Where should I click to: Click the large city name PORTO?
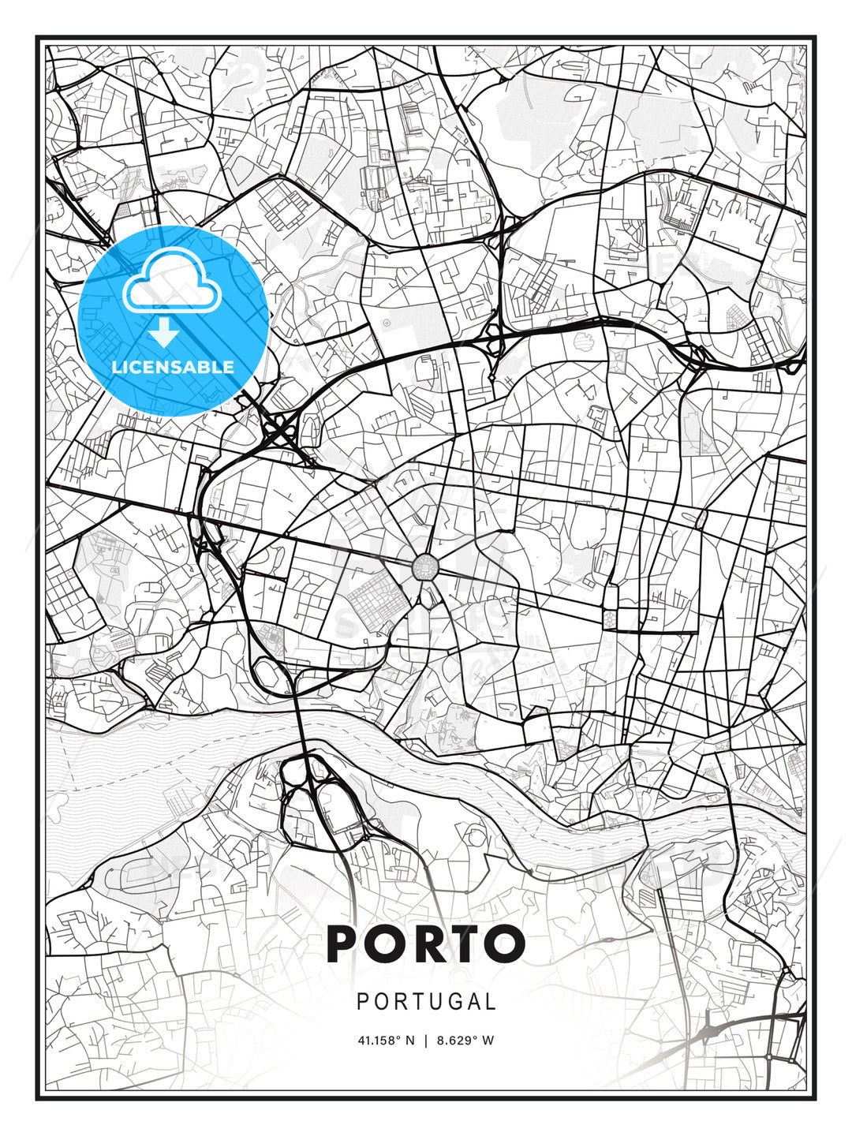coord(426,944)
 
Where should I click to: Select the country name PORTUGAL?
coord(426,1002)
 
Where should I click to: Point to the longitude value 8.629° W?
coord(466,1040)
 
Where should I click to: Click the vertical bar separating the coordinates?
coord(426,1040)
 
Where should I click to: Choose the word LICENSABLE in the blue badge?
coord(173,367)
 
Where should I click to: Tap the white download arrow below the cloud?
coord(164,334)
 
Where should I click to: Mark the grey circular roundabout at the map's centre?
coord(425,566)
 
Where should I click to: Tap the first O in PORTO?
coord(385,944)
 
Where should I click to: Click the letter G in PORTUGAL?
coord(452,1002)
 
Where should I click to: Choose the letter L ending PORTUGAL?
coord(491,1002)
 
